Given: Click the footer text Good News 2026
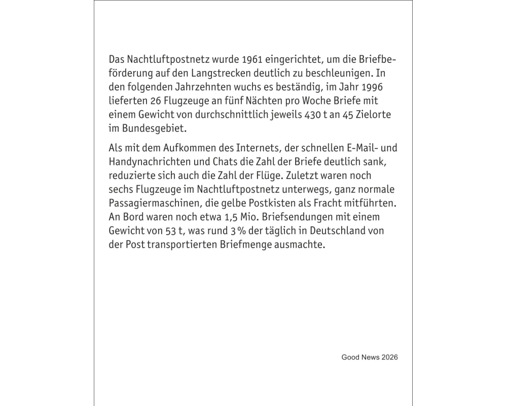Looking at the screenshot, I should click(x=370, y=357).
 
